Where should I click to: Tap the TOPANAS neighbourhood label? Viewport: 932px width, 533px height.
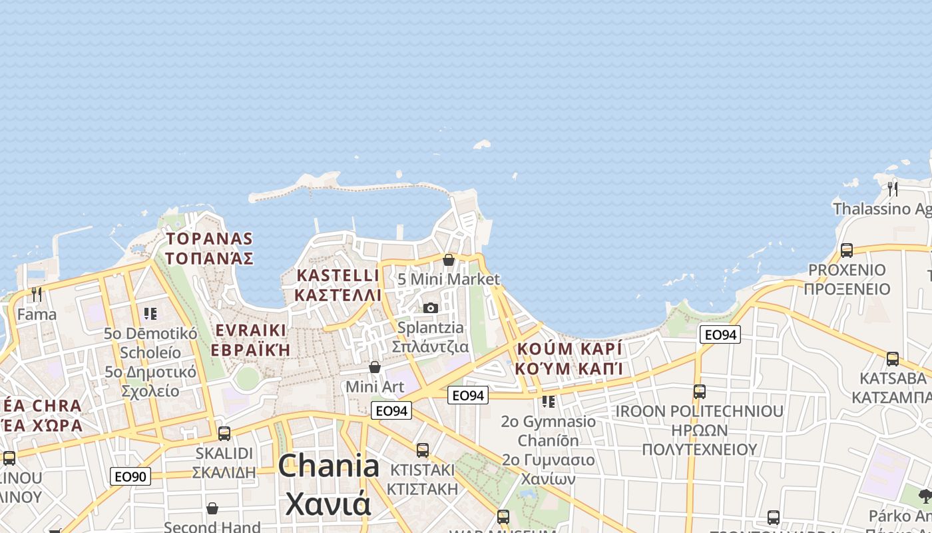tap(209, 248)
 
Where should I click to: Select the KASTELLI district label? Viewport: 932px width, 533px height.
tap(338, 284)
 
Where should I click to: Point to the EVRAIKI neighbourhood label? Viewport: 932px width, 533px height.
tap(250, 340)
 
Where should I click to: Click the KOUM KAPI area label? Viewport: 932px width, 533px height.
tap(569, 358)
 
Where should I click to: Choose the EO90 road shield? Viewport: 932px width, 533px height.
tap(130, 476)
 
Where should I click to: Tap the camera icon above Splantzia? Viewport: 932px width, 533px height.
tap(431, 308)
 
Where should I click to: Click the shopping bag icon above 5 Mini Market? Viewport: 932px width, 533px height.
tap(449, 260)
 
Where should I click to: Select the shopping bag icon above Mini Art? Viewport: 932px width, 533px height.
tap(375, 367)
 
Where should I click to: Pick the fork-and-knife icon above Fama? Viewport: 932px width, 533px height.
tap(37, 294)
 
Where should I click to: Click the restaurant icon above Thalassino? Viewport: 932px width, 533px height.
tap(893, 189)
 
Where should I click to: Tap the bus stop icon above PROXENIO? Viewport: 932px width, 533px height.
tap(846, 251)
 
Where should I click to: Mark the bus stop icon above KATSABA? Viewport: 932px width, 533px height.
tap(892, 359)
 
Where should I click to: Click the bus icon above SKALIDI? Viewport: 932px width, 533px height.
tap(224, 434)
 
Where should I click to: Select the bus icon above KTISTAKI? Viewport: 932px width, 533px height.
tap(422, 450)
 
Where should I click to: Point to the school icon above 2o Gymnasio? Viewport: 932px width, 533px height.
tap(548, 402)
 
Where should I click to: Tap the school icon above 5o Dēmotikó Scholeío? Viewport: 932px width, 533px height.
tap(150, 313)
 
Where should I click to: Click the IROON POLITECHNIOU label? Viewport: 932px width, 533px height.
tap(699, 430)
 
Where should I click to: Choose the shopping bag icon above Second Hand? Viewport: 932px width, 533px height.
tap(212, 508)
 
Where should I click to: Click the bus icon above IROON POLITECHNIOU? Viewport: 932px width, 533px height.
tap(699, 392)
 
